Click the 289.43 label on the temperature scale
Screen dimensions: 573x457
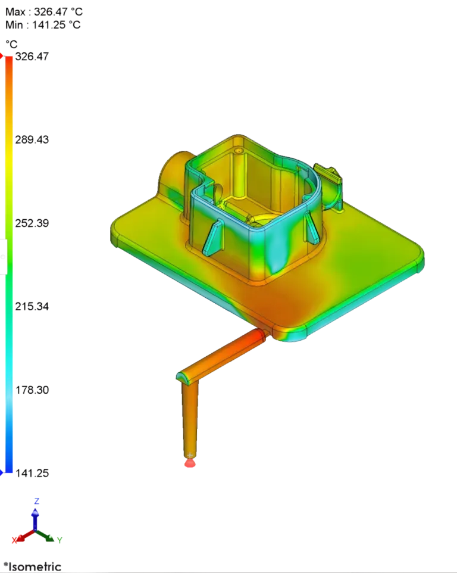click(33, 139)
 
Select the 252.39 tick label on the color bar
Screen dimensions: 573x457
click(33, 223)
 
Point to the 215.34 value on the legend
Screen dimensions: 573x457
click(33, 307)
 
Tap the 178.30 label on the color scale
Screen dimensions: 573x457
click(33, 390)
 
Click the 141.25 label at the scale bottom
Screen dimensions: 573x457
click(33, 473)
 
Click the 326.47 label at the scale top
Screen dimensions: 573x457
click(33, 57)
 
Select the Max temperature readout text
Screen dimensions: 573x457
click(43, 11)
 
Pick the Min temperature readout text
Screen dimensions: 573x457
click(43, 25)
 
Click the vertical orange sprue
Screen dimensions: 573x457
click(190, 417)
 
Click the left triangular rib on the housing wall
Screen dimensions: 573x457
click(212, 236)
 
